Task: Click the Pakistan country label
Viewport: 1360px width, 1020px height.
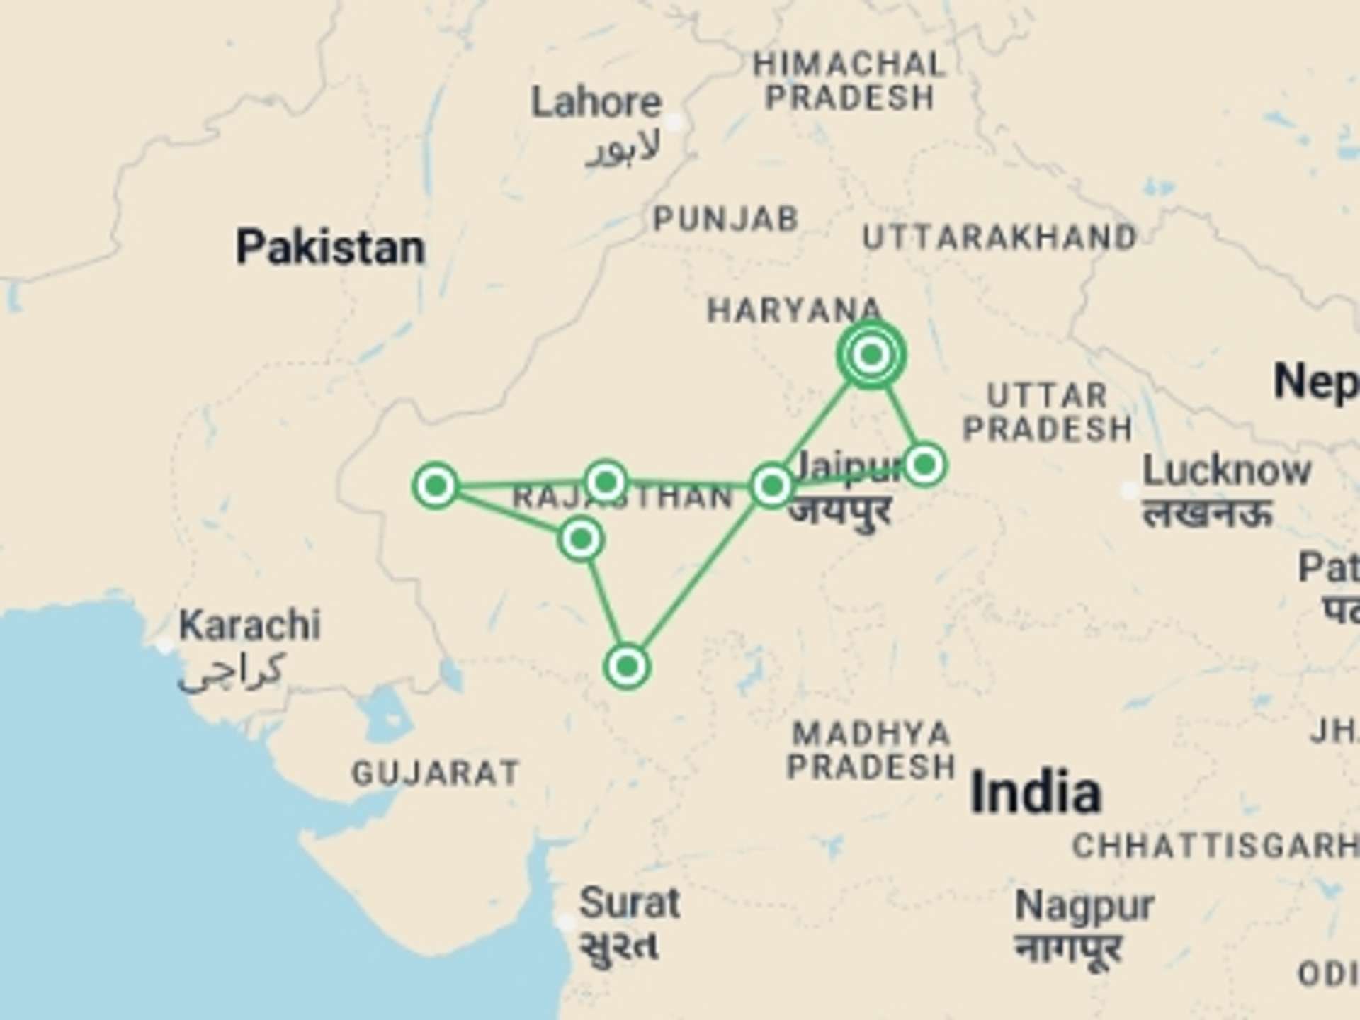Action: tap(330, 248)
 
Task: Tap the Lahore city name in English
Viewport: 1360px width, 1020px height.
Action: tap(596, 103)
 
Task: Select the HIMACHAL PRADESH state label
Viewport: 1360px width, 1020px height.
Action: tap(849, 81)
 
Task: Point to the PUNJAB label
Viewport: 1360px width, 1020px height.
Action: tap(726, 219)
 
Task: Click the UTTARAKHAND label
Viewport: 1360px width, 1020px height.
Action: tap(999, 238)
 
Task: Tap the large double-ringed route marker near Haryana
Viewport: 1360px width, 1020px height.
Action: tap(871, 353)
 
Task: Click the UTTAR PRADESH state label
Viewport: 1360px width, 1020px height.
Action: tap(1048, 412)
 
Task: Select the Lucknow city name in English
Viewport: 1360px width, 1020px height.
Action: tap(1227, 471)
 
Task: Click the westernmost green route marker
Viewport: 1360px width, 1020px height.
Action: tap(436, 486)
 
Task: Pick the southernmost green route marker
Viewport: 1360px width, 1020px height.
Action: tap(627, 666)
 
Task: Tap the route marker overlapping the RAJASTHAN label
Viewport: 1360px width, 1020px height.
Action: tap(606, 482)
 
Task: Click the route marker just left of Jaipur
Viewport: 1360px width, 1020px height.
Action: tap(772, 486)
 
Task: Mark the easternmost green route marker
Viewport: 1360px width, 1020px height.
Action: tap(924, 465)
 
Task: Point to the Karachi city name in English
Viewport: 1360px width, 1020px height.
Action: tap(249, 625)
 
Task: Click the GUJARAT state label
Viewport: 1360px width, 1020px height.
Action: tap(436, 773)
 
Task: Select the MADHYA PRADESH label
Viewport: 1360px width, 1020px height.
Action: tap(871, 750)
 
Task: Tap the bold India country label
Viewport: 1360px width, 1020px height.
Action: tap(1036, 792)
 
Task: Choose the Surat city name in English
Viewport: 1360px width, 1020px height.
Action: tap(629, 903)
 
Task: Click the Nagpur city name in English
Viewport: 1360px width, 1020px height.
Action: tap(1084, 906)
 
